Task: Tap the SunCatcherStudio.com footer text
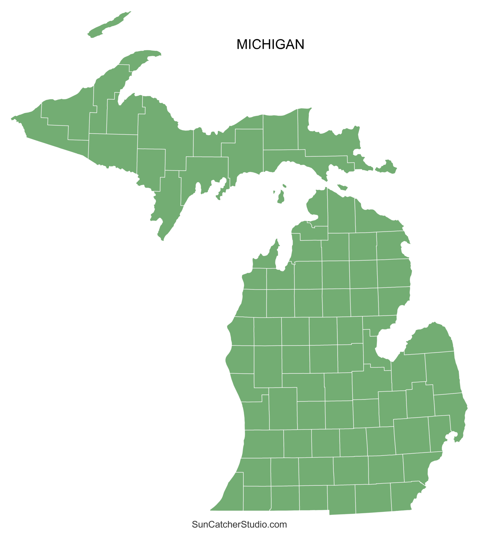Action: click(x=239, y=524)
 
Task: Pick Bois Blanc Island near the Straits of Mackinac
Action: click(x=342, y=187)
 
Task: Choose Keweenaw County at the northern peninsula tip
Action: click(x=139, y=59)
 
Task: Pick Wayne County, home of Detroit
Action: click(x=418, y=467)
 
